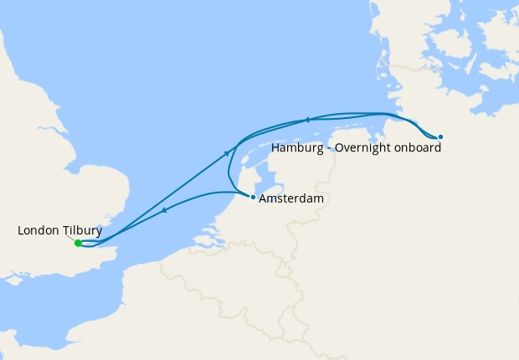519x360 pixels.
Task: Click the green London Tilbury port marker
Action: [x=78, y=243]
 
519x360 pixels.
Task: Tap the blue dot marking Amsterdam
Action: [x=253, y=197]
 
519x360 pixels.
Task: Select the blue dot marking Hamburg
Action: [x=440, y=136]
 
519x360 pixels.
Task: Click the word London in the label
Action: [x=37, y=230]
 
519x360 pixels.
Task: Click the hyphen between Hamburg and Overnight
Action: [x=329, y=148]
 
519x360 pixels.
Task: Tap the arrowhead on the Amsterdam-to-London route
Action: [x=164, y=210]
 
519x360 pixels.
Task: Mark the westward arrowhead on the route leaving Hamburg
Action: [x=307, y=120]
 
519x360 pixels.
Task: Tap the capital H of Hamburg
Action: [x=275, y=148]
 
